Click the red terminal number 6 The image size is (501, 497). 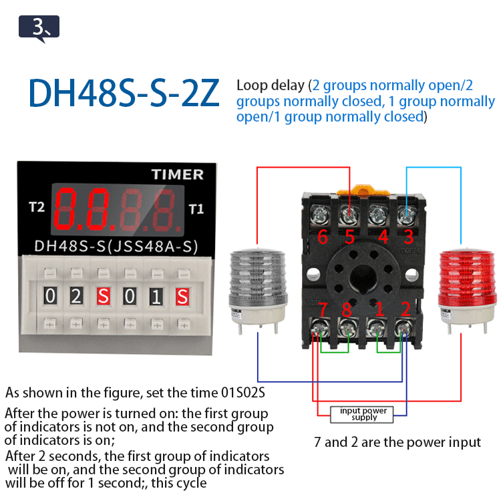[x=321, y=237]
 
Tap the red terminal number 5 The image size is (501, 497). [x=349, y=237]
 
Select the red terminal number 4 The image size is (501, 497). [x=383, y=237]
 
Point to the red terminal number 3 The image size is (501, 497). [x=409, y=237]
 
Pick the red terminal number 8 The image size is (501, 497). [x=347, y=309]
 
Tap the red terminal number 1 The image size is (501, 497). [x=379, y=309]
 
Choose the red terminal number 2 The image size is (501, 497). [x=405, y=309]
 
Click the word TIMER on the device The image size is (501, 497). [x=177, y=174]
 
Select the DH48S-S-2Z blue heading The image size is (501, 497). [x=124, y=95]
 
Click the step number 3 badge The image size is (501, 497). [x=39, y=27]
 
